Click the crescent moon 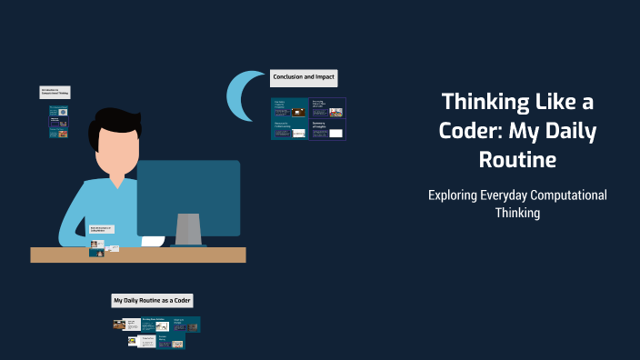click(x=239, y=97)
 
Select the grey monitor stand click(x=188, y=229)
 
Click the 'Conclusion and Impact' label click(x=304, y=78)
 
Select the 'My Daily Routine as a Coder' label click(x=153, y=300)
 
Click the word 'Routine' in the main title click(x=517, y=160)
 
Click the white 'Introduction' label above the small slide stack click(x=55, y=92)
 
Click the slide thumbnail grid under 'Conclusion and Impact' click(x=308, y=118)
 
